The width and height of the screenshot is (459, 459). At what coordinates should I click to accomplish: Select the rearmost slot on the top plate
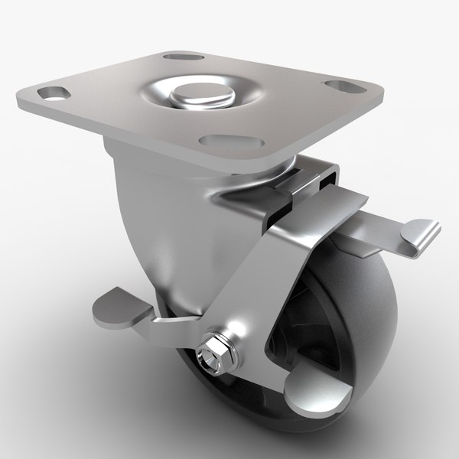pyautogui.click(x=179, y=57)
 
